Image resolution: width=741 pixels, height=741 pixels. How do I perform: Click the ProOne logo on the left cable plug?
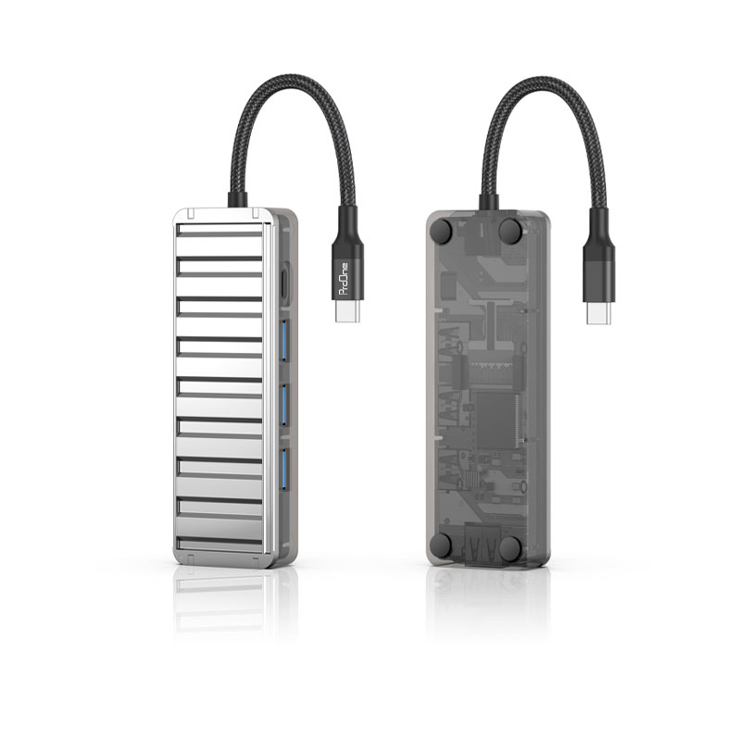[x=345, y=279]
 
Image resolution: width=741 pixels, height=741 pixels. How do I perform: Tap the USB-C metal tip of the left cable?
[x=348, y=311]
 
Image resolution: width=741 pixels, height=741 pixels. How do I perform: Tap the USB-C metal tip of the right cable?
[x=599, y=312]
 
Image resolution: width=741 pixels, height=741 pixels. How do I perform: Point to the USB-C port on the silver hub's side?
[x=285, y=283]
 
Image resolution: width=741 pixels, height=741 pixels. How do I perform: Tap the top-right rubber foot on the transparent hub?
[x=511, y=231]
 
